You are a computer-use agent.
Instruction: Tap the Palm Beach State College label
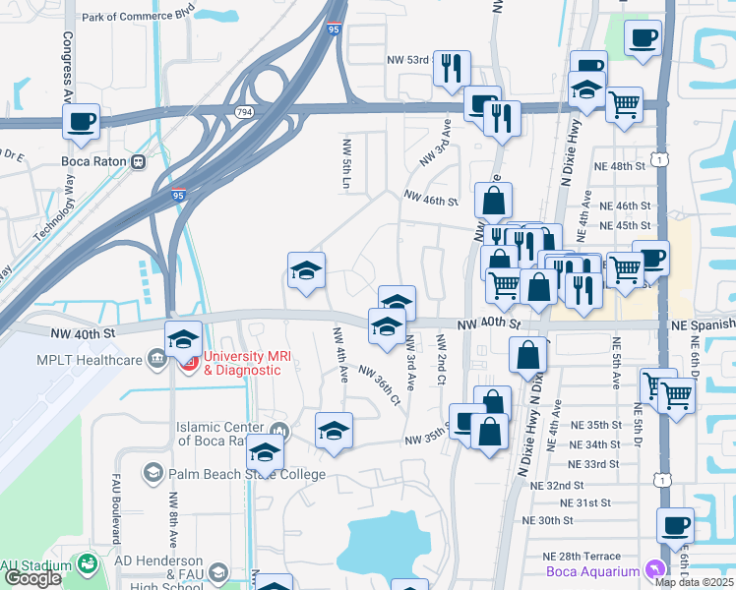click(246, 474)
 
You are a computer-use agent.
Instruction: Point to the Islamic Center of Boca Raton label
click(220, 434)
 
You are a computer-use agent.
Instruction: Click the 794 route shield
click(243, 112)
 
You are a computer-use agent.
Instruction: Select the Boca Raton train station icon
click(139, 161)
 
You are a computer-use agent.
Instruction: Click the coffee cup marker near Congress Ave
click(81, 122)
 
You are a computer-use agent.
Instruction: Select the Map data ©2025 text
click(695, 582)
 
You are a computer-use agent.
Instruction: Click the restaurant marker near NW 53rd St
click(452, 68)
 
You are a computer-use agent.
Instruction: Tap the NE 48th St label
click(620, 166)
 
